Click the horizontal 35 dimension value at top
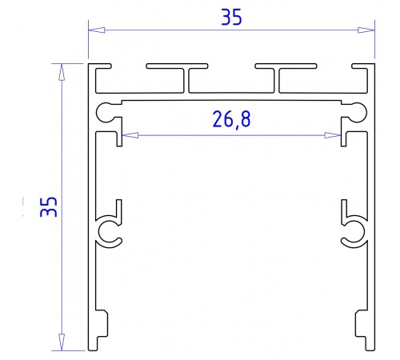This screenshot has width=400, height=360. point(232,18)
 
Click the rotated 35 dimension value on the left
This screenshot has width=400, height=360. point(48,206)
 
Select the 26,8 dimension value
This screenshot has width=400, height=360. point(230,120)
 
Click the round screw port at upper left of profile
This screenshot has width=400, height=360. point(106,111)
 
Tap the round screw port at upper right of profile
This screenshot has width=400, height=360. point(358,111)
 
